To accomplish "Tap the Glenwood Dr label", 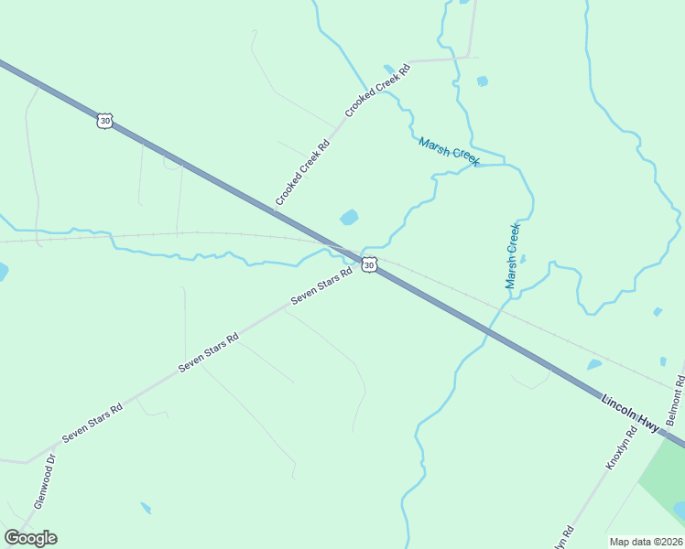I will (x=45, y=481).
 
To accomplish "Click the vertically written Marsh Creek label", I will (x=513, y=256).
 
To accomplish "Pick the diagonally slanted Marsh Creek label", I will (x=449, y=152).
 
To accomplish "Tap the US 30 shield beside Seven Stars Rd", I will (x=368, y=264).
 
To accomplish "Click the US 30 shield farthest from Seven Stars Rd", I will (x=104, y=121).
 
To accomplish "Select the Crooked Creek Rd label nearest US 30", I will (x=302, y=172).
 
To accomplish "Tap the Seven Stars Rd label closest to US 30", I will (x=321, y=286).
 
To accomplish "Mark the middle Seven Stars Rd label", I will (x=209, y=351).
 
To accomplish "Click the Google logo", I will (x=30, y=538).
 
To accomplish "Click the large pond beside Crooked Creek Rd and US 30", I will (x=349, y=218).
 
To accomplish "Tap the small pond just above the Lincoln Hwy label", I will (x=594, y=364).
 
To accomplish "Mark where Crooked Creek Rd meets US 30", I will (x=274, y=211).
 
